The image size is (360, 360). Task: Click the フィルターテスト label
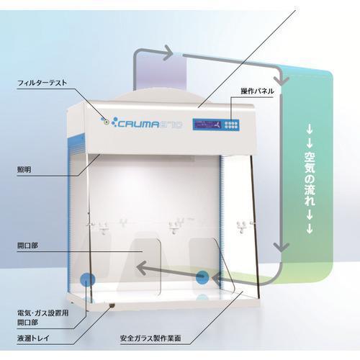click(x=42, y=83)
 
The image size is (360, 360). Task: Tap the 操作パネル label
click(x=257, y=91)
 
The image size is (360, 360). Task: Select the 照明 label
click(x=24, y=170)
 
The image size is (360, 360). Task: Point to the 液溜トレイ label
click(x=33, y=338)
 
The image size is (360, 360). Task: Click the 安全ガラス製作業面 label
click(x=150, y=338)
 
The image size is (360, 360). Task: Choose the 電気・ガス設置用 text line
click(x=42, y=313)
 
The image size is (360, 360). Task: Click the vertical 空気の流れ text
click(x=310, y=179)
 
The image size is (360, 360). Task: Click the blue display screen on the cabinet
click(x=207, y=125)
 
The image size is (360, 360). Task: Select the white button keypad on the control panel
click(x=231, y=125)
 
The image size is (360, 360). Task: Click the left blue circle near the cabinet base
click(x=87, y=279)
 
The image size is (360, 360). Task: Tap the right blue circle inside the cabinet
click(x=202, y=277)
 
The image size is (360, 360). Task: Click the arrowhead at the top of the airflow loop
click(x=168, y=53)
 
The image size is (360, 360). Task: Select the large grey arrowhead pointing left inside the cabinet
click(x=142, y=268)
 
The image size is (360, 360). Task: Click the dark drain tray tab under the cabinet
click(x=112, y=305)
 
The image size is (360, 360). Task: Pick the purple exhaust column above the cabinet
click(x=161, y=71)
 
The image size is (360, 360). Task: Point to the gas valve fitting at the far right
click(x=242, y=227)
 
